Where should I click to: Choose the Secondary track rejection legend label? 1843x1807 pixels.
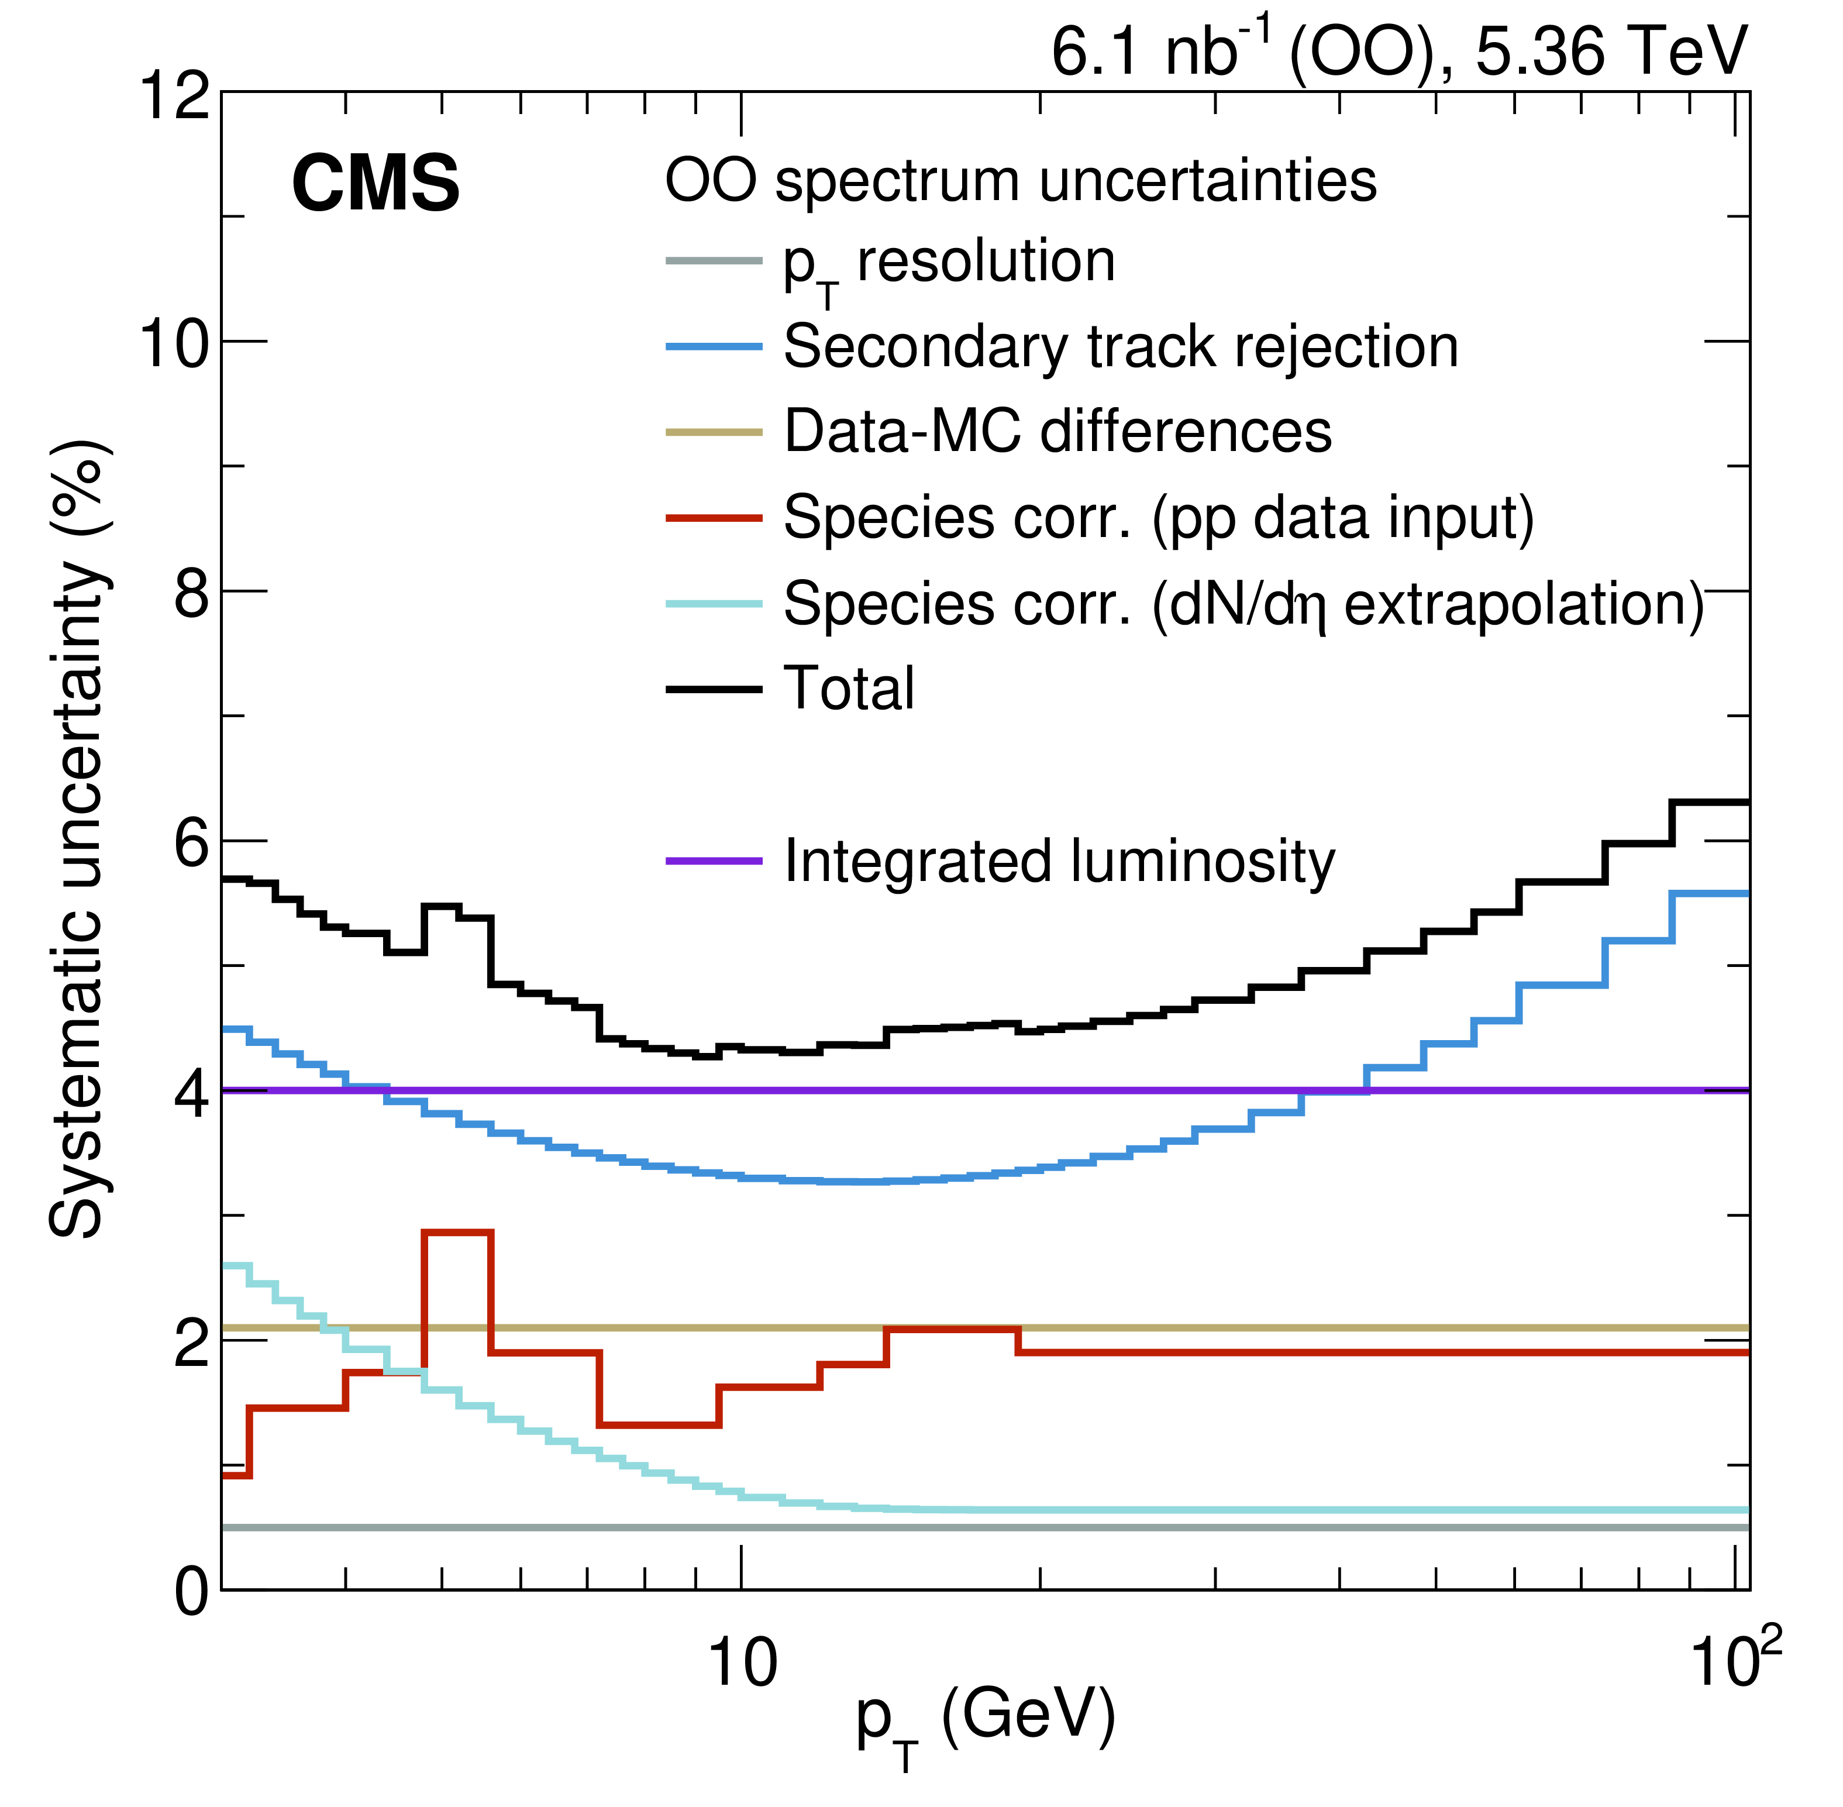(1121, 347)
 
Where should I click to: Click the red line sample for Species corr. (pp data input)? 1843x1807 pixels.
(714, 518)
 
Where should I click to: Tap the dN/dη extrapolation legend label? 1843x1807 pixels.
(1243, 604)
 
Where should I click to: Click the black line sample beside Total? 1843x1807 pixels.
(714, 689)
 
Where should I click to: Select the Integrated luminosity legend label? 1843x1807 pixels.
(1059, 862)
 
